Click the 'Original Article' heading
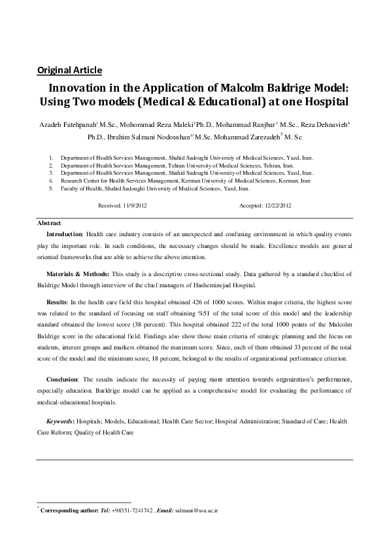tap(69, 70)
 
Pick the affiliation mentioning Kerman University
tap(186, 180)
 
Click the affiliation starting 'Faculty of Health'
tap(155, 187)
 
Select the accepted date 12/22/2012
tap(277, 205)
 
